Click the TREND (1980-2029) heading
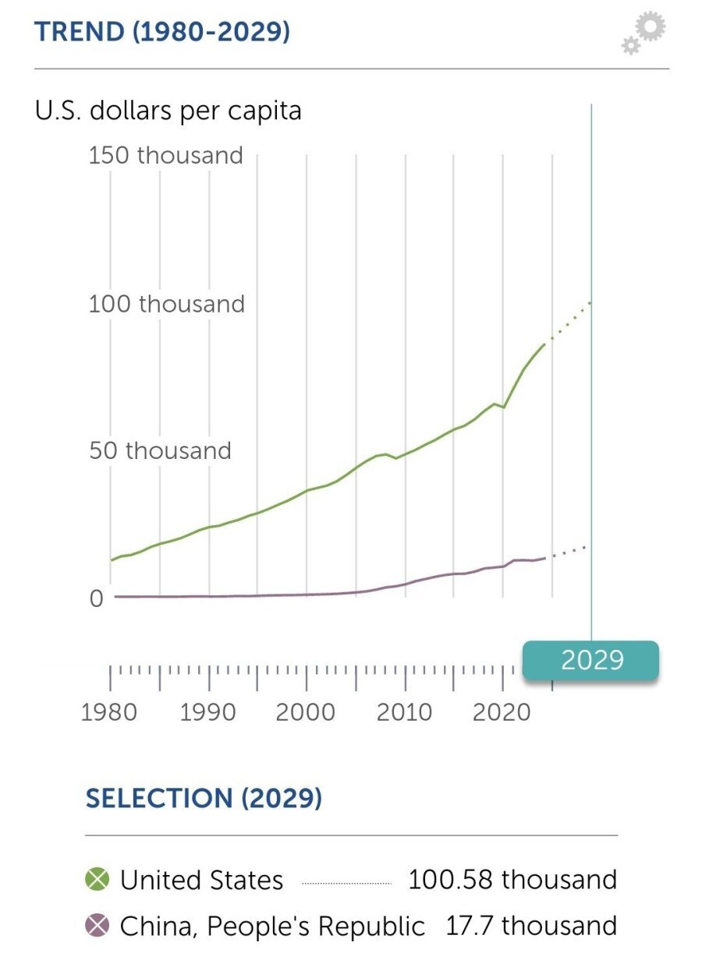(162, 33)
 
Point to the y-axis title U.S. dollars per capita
(168, 111)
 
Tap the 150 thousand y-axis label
(165, 155)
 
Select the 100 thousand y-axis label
(166, 304)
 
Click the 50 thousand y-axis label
(160, 450)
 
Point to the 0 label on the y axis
(96, 598)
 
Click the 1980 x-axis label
(109, 711)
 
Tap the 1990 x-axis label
(207, 711)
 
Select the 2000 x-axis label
(306, 711)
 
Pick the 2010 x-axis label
(404, 711)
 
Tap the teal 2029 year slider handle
(590, 661)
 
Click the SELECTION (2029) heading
(204, 799)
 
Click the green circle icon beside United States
(97, 880)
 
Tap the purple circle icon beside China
(97, 926)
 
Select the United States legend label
(201, 881)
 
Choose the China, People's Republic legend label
(272, 927)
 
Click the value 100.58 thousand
(512, 880)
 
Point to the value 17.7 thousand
(530, 926)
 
